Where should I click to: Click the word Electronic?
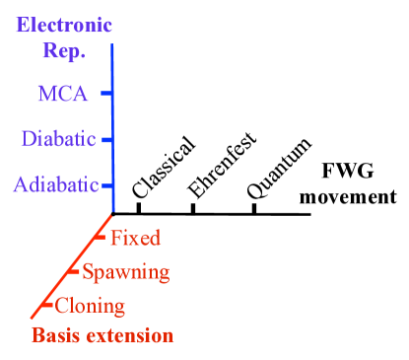[x=64, y=24]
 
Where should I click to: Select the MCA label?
[x=62, y=95]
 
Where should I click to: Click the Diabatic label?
[x=58, y=139]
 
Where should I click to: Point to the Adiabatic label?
[x=56, y=184]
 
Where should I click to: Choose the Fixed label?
[x=135, y=238]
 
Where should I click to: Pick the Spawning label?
[x=126, y=272]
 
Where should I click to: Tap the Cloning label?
[x=90, y=305]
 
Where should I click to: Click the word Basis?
[x=55, y=335]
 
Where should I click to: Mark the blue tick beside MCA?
[x=105, y=95]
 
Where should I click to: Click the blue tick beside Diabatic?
[x=106, y=140]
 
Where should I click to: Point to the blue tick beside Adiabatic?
[x=106, y=184]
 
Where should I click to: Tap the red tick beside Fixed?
[x=100, y=238]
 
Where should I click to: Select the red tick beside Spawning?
[x=74, y=272]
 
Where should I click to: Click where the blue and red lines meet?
[x=113, y=212]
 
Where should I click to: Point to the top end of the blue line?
[x=111, y=45]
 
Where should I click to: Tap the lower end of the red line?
[x=33, y=319]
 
